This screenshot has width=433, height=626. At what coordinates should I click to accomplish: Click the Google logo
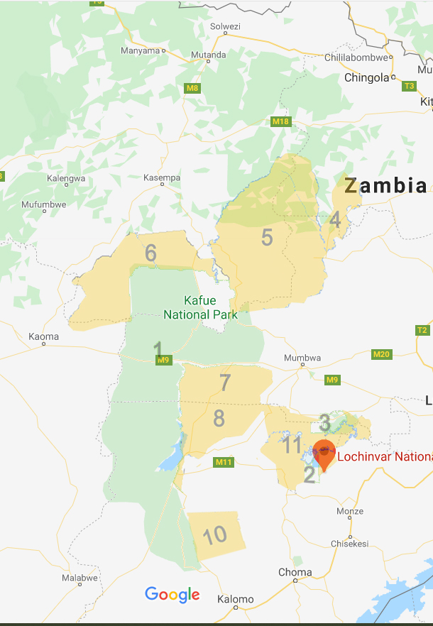(172, 594)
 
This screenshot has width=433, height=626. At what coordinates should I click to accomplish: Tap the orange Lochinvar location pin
(324, 454)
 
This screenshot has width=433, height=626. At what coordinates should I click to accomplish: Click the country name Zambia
(386, 186)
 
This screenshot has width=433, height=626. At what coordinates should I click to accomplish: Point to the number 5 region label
(267, 238)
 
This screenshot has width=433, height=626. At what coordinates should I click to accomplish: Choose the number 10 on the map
(214, 534)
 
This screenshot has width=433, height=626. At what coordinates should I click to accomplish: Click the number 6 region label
(150, 253)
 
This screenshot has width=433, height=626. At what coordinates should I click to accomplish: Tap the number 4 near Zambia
(335, 221)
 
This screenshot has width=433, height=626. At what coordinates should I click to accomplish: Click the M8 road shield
(192, 88)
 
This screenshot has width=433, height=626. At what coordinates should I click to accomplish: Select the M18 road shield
(282, 121)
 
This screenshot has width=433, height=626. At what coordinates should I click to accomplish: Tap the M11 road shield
(224, 463)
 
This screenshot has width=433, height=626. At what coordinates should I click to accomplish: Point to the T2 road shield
(422, 330)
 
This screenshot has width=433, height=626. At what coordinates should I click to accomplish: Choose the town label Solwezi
(225, 27)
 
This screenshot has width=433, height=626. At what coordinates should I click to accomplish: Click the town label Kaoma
(43, 336)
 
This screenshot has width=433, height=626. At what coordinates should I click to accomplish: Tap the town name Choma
(295, 572)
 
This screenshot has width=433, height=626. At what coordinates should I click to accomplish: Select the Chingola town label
(366, 77)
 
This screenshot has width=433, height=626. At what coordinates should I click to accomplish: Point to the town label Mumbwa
(302, 358)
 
